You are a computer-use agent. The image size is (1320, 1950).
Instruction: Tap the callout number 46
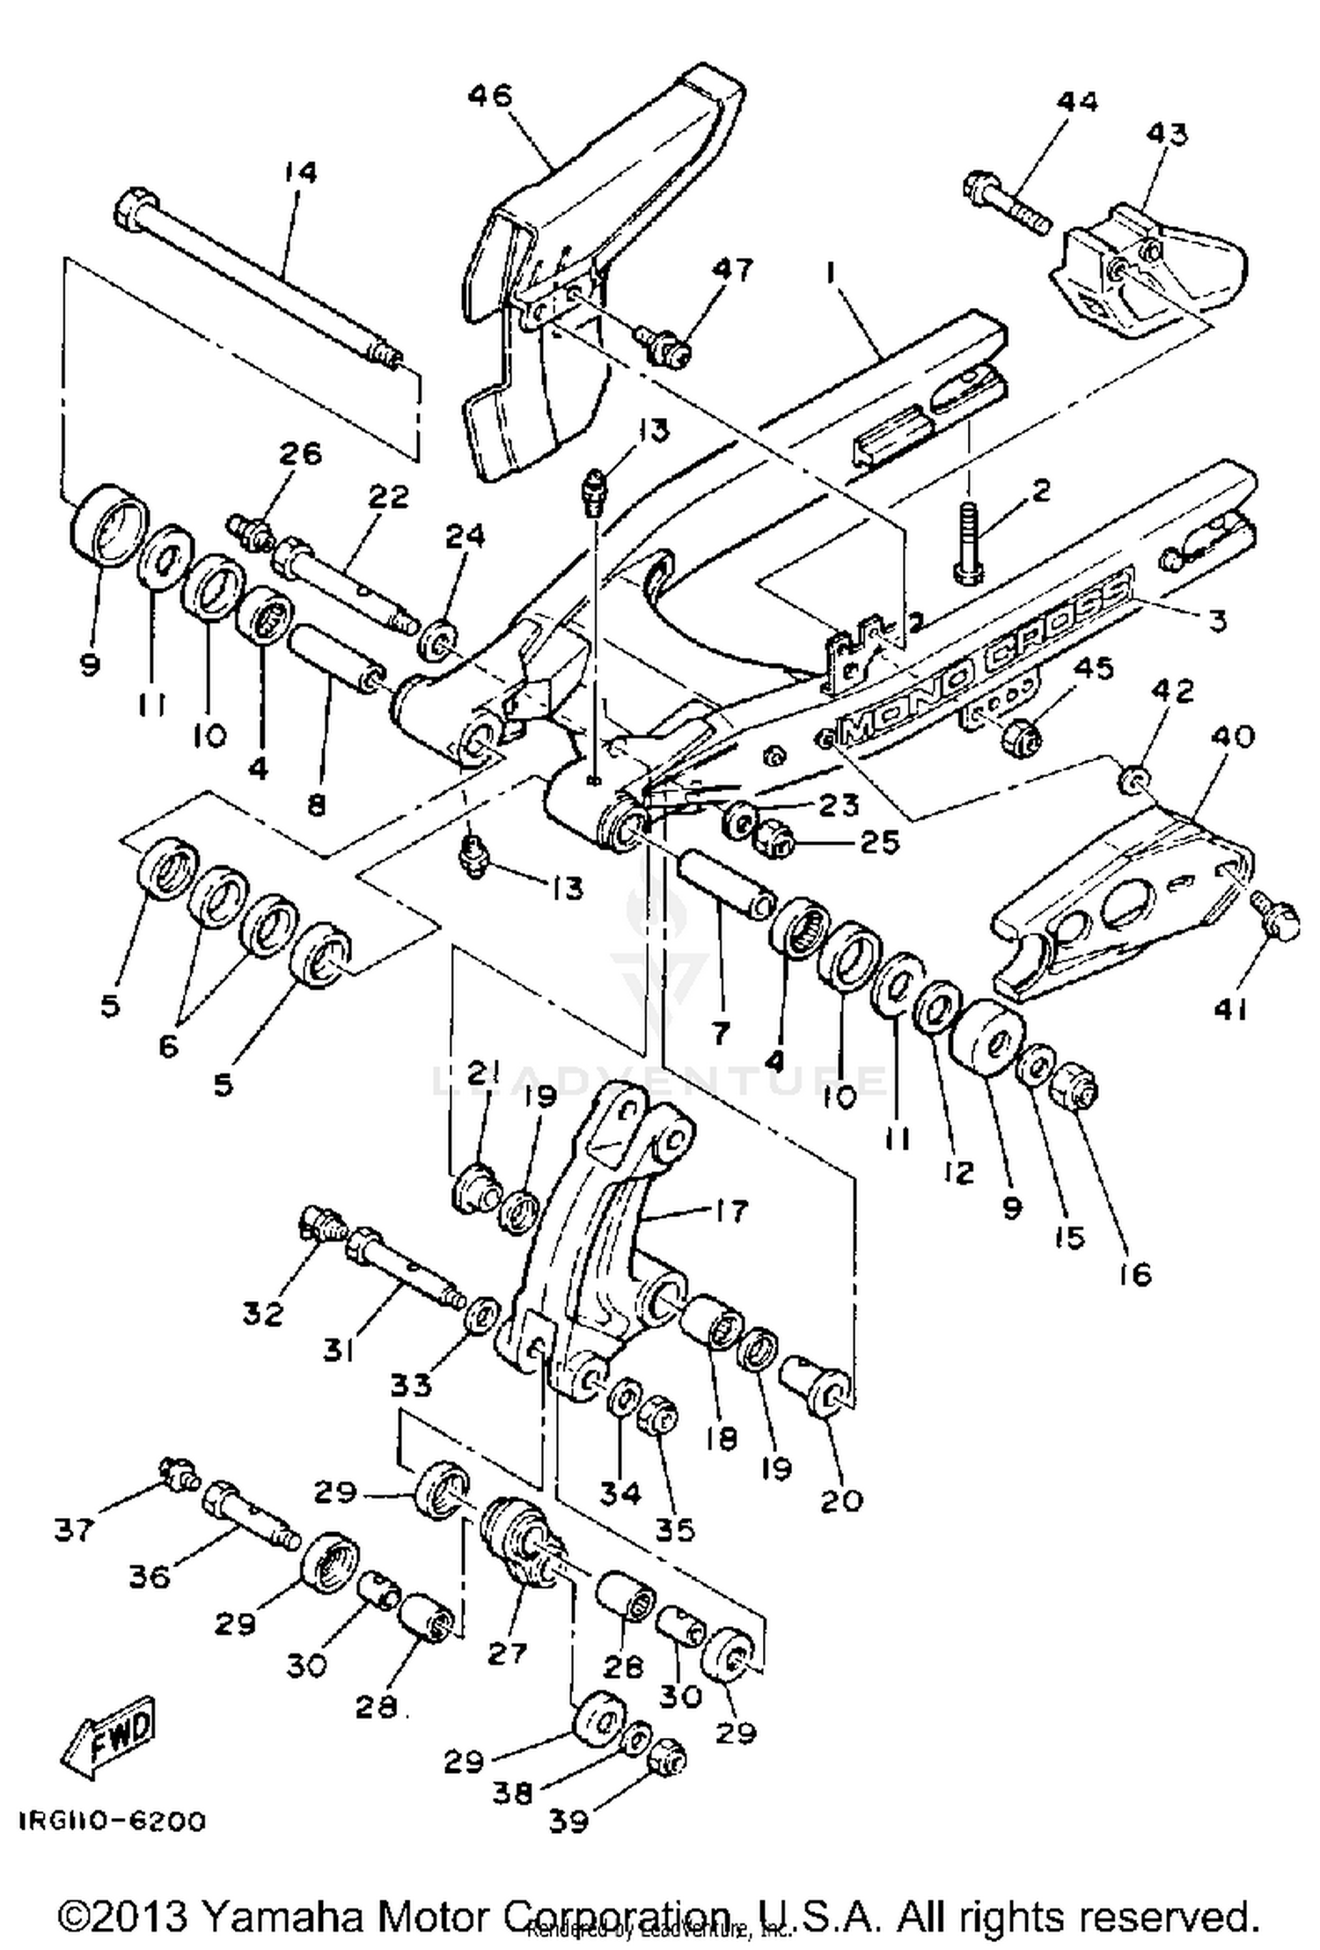490,95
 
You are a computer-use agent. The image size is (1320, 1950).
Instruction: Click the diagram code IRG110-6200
111,1821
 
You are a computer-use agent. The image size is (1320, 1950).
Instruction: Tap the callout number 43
1167,134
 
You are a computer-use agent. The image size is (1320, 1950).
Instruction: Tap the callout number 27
506,1653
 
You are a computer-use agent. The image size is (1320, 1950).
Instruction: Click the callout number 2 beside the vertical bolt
1040,490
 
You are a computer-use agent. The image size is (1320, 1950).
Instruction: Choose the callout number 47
732,270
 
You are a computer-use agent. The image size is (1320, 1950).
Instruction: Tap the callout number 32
263,1314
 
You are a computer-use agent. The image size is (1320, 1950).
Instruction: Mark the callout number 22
388,496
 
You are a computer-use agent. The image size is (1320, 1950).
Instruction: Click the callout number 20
840,1499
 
